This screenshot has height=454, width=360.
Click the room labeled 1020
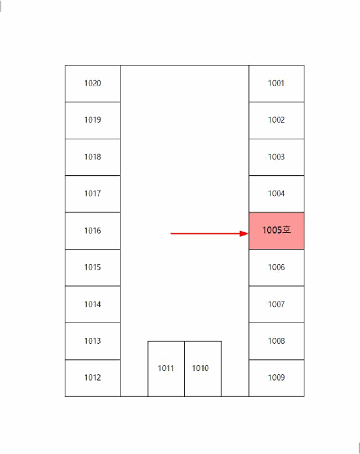93,84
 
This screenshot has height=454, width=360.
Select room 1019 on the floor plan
93,120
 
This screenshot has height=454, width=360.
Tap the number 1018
93,157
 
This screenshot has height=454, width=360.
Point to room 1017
93,193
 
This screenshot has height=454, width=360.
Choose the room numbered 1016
93,230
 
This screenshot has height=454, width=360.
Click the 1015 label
93,267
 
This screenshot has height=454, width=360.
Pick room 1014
93,304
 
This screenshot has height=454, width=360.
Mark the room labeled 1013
93,340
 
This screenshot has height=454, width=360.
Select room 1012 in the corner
93,377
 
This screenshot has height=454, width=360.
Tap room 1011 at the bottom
166,368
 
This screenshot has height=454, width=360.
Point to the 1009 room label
276,377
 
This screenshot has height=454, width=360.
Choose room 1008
276,340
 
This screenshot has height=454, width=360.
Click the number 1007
276,304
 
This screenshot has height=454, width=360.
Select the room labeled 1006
276,267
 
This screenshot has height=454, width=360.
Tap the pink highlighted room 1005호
276,230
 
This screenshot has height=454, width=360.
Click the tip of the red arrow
248,233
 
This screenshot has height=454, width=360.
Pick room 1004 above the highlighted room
276,193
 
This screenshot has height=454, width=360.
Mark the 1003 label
276,157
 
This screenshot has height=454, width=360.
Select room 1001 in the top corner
276,84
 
